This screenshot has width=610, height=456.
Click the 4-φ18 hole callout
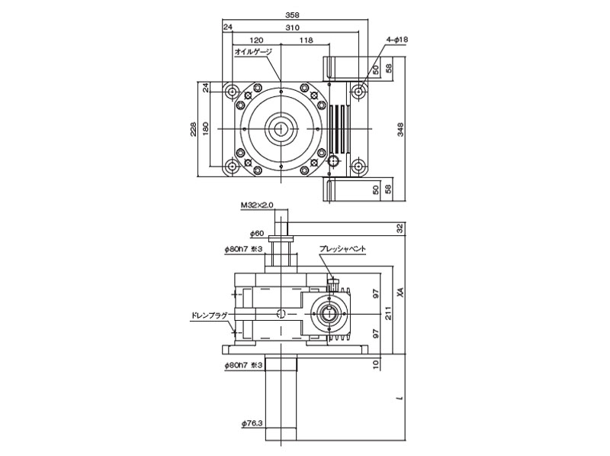point(397,38)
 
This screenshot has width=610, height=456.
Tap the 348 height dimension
point(401,129)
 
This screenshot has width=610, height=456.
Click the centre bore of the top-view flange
point(282,128)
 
